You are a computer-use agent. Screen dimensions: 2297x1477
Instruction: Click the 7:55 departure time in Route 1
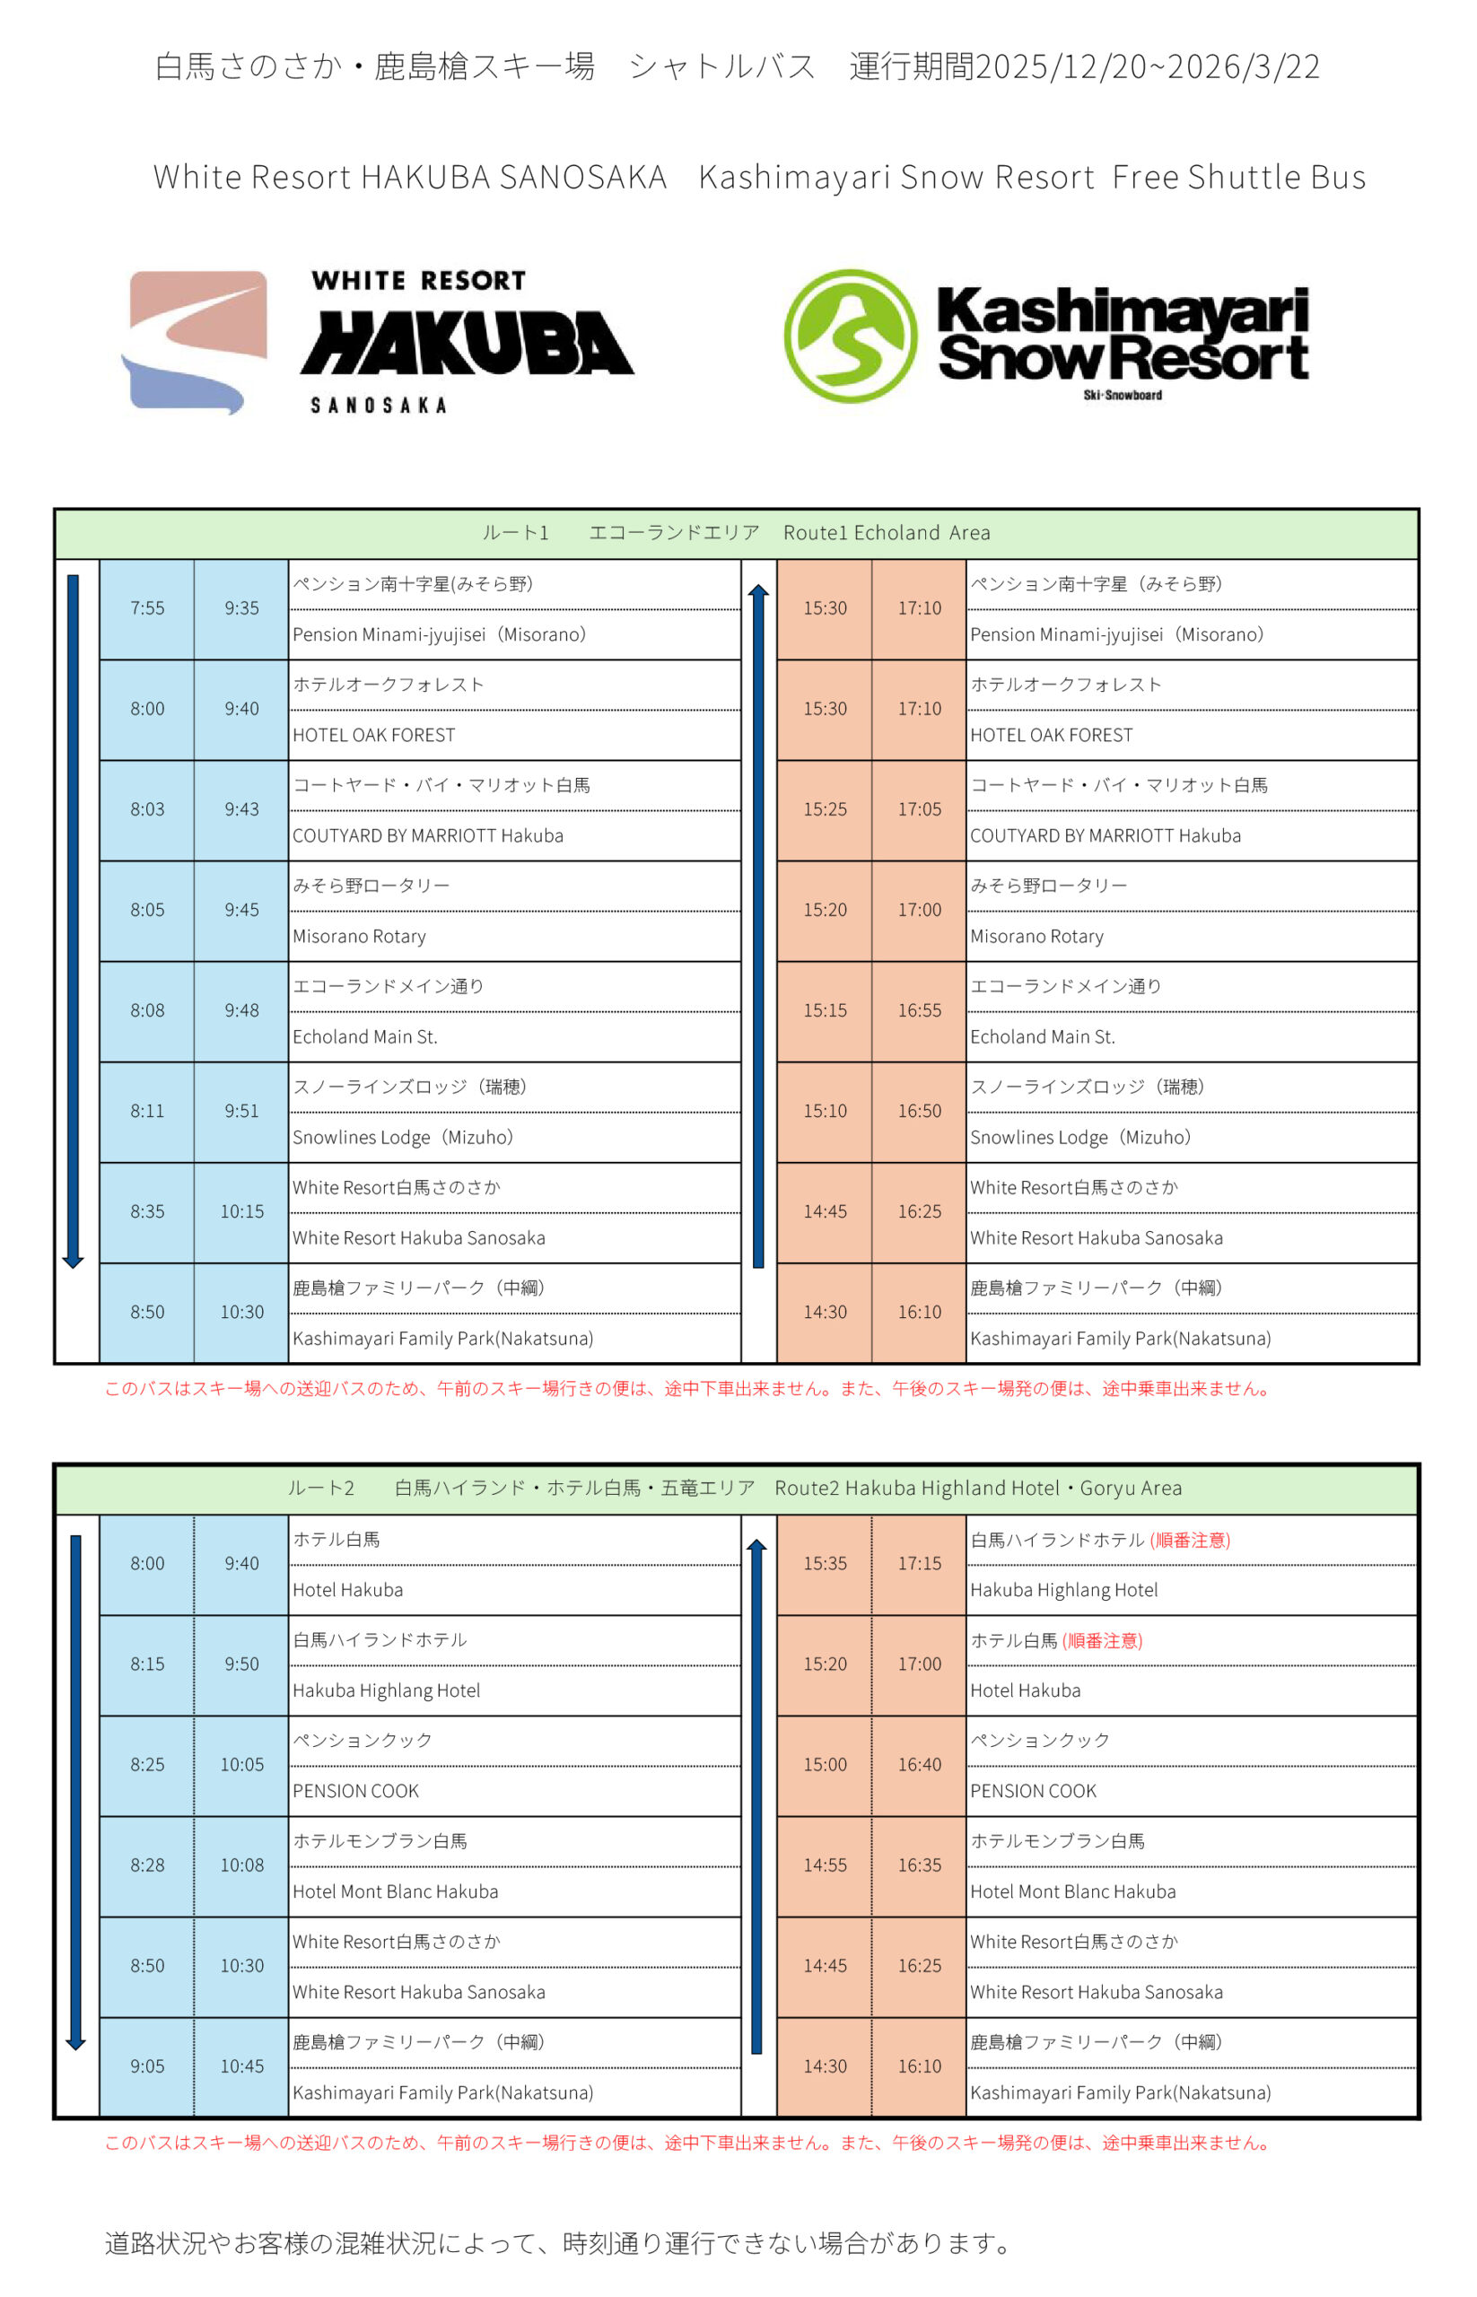click(147, 608)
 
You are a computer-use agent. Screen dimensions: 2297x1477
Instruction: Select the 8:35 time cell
click(147, 1211)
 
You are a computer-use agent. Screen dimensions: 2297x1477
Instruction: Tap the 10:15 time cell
click(241, 1211)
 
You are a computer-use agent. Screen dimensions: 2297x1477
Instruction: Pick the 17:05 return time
click(919, 809)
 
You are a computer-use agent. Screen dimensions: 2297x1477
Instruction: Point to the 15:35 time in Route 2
click(825, 1563)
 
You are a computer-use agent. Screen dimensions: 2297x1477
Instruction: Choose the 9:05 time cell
click(147, 2066)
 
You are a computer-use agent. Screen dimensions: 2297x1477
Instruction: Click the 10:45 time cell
click(241, 2066)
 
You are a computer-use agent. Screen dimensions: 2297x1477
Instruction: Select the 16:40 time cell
click(919, 1765)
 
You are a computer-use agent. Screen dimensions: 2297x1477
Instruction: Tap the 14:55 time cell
click(825, 1865)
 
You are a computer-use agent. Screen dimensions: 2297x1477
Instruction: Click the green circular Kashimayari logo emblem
click(850, 336)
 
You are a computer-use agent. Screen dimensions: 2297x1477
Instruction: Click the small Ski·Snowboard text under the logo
click(1123, 395)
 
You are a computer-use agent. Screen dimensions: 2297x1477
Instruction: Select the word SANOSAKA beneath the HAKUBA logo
click(378, 406)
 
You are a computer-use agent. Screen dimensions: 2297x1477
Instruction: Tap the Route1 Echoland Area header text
click(887, 533)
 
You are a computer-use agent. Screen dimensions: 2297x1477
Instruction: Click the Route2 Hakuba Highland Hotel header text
click(978, 1489)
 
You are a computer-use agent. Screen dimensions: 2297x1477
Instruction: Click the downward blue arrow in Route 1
click(73, 921)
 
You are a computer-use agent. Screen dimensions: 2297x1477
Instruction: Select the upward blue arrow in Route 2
click(756, 1794)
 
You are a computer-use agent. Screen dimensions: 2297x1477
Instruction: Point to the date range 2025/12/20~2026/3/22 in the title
click(1147, 67)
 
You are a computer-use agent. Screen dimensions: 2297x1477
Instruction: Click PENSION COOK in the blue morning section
click(356, 1791)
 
